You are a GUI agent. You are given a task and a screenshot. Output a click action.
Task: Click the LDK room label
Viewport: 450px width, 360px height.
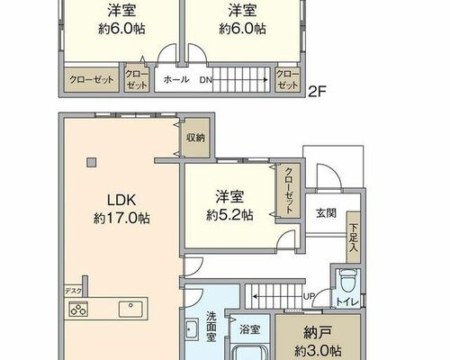[x=121, y=200]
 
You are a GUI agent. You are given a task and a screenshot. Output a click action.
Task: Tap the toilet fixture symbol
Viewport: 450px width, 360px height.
[x=347, y=280]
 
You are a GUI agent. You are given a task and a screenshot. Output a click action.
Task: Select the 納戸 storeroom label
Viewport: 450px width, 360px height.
[x=318, y=333]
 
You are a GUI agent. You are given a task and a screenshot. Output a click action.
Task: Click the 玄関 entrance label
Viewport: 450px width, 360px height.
[x=326, y=213]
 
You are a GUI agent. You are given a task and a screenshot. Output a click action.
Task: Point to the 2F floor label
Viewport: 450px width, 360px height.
[x=317, y=92]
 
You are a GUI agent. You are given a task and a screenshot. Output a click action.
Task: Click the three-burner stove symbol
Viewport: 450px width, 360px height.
[x=78, y=310]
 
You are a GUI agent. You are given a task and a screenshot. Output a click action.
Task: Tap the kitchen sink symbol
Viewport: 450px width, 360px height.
[x=130, y=310]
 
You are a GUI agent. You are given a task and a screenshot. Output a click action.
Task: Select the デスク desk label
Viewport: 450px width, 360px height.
[x=73, y=291]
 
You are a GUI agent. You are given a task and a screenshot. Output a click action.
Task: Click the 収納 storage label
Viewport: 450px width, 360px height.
[x=195, y=138]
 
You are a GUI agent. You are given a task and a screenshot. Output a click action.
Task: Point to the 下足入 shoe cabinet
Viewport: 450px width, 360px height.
[x=354, y=238]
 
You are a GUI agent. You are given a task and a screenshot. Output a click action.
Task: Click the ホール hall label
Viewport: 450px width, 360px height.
[x=176, y=79]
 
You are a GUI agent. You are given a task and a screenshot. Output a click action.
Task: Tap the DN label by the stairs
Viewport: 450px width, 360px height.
[x=206, y=80]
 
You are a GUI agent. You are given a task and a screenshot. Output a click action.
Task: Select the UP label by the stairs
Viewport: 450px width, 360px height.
[x=309, y=296]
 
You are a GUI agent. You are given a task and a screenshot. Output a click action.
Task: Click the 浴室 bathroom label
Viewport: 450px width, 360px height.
[x=249, y=329]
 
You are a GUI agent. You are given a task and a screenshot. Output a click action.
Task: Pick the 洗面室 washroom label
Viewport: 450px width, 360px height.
[x=211, y=327]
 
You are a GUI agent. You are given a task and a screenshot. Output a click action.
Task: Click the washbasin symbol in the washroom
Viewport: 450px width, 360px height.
[x=192, y=329]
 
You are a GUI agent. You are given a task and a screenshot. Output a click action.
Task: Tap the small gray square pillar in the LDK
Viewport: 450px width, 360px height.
[x=92, y=163]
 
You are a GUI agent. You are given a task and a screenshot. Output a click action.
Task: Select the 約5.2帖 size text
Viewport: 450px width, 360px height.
[x=229, y=215]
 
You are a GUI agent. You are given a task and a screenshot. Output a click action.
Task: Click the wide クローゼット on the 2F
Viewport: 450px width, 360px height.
[x=92, y=80]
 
